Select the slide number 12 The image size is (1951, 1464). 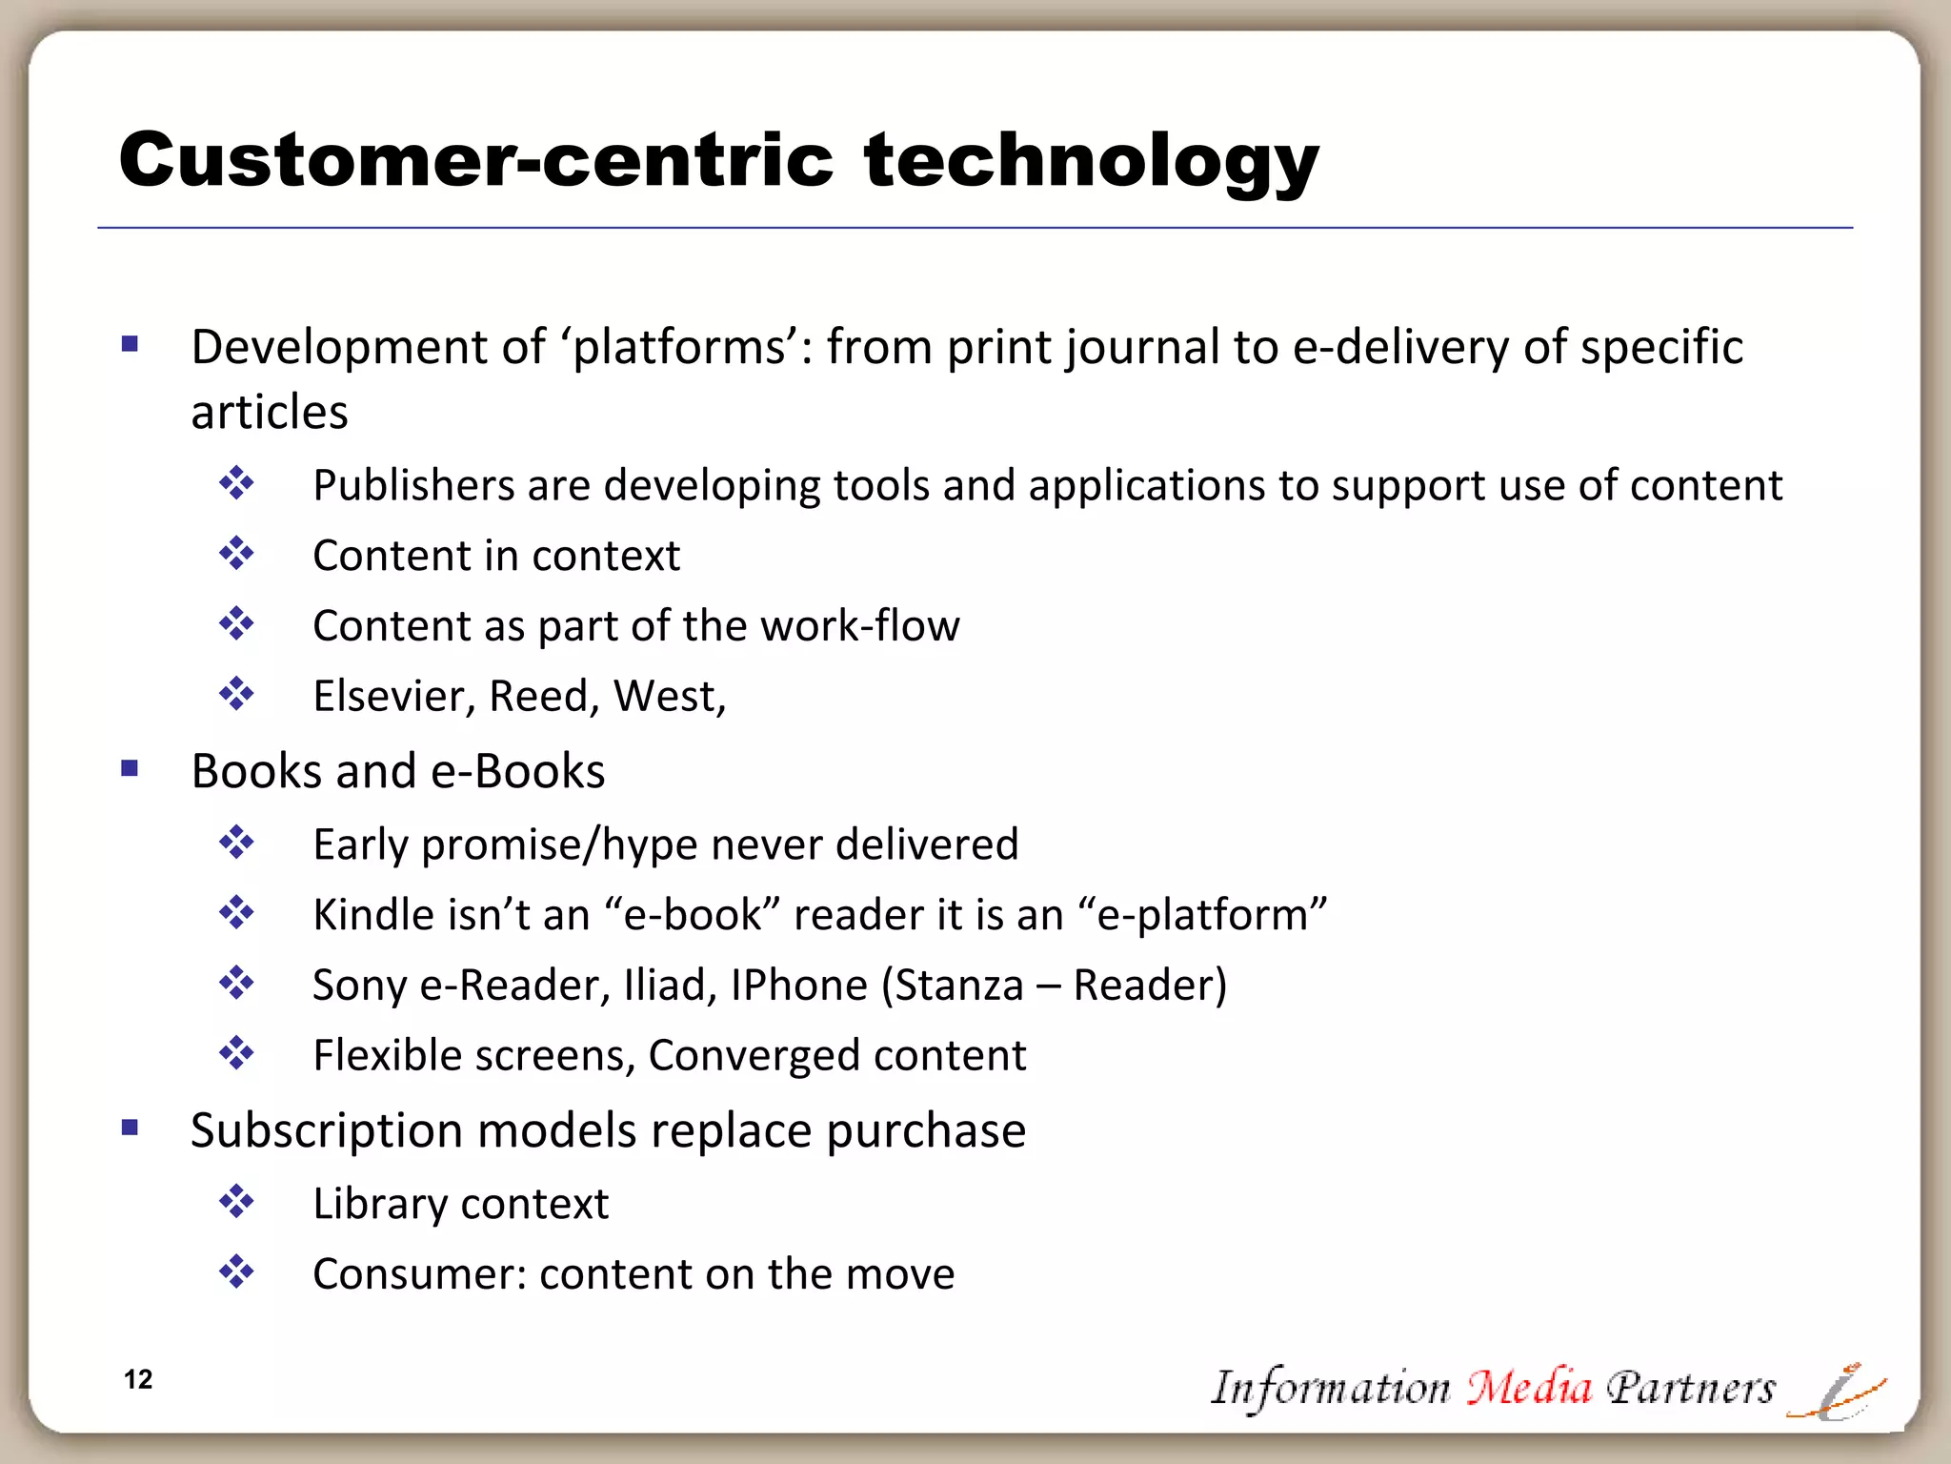point(138,1379)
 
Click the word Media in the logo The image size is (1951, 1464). point(1528,1387)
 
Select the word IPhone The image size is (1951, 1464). point(798,985)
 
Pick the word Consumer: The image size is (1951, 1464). point(419,1274)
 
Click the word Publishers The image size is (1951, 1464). point(413,485)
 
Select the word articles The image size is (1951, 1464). point(270,412)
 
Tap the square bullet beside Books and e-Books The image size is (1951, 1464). point(131,768)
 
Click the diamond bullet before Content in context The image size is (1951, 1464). point(236,554)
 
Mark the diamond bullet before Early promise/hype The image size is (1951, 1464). point(236,843)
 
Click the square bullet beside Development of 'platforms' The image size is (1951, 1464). point(131,344)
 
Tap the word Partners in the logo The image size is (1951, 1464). point(1690,1387)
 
